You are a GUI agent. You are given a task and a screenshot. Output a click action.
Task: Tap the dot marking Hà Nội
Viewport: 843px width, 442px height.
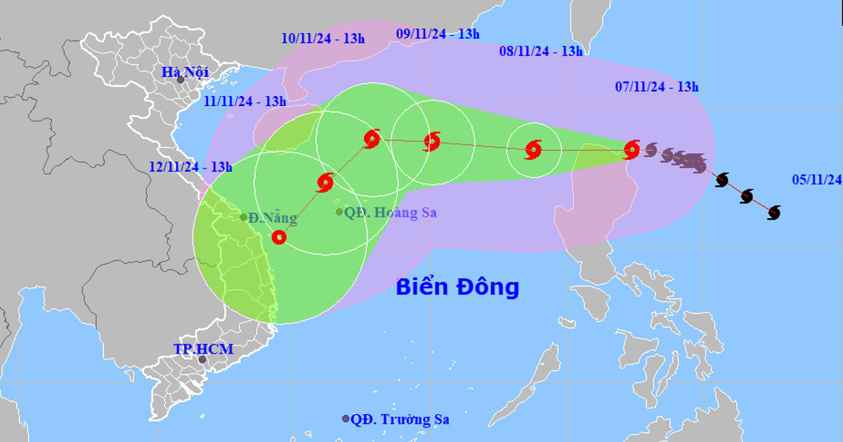181,80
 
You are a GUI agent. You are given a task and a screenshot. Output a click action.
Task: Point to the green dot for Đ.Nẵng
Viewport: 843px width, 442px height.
244,217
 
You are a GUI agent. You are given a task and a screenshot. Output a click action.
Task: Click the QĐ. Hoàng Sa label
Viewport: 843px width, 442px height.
391,212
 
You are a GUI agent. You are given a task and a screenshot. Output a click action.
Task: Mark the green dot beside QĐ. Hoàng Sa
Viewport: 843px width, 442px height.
339,211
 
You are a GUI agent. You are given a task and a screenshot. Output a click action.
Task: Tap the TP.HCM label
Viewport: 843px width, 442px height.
204,349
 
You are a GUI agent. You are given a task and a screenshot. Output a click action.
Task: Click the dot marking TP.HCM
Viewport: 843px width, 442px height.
202,360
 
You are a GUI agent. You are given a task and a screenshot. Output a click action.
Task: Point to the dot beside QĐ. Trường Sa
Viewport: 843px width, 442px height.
346,419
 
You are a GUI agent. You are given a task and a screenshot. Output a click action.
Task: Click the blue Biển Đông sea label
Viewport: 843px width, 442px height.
457,287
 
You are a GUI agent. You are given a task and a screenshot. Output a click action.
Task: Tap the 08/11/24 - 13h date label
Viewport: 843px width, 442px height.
540,51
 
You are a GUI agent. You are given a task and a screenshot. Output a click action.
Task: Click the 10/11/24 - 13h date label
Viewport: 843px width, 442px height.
322,38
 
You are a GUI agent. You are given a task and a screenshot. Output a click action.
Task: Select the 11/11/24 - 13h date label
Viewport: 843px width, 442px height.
245,101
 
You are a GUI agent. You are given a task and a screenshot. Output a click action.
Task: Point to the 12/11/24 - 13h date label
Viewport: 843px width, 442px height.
190,166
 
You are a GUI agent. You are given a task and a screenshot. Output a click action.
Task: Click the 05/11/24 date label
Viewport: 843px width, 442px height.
816,179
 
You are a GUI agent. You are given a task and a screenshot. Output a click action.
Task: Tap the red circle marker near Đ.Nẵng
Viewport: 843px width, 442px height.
279,237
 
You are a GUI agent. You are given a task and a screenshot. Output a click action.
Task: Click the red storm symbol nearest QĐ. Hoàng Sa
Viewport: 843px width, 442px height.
325,182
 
